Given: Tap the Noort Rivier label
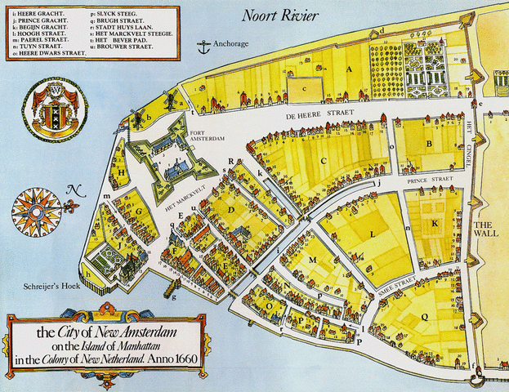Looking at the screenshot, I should (x=286, y=15).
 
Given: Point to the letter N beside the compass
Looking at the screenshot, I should (x=76, y=191).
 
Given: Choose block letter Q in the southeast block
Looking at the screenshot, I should (x=424, y=317).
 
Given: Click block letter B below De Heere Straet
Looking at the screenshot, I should (x=428, y=145).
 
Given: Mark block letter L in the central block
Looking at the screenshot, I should (x=372, y=234).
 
